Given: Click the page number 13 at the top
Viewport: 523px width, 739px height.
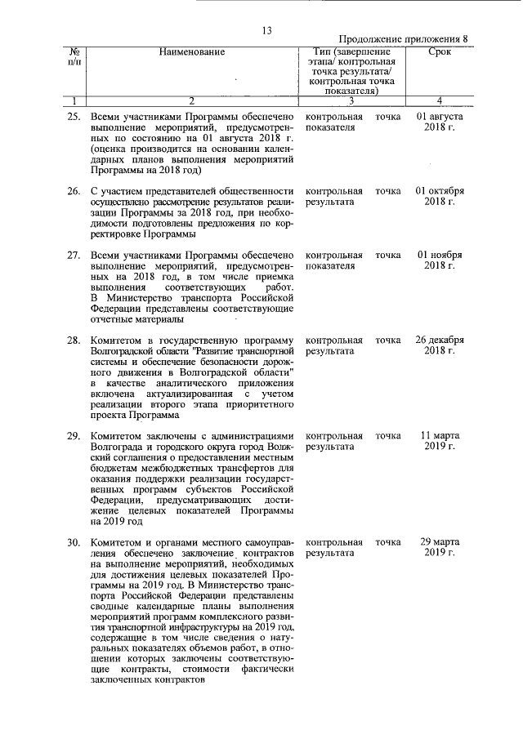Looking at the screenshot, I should (266, 31).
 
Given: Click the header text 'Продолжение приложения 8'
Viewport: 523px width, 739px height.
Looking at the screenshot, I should (403, 39).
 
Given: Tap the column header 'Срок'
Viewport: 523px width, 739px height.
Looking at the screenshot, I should (440, 52).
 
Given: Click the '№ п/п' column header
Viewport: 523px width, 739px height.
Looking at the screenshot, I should (74, 58).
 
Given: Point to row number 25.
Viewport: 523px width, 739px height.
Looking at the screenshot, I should (73, 117).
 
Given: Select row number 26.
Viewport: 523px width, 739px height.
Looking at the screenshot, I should (73, 191).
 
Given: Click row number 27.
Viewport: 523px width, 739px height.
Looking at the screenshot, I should (73, 255).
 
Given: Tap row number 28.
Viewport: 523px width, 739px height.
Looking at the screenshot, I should (73, 340).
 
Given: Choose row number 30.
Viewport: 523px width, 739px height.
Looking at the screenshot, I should (73, 542).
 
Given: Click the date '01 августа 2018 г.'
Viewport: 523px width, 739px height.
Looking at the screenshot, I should (440, 122).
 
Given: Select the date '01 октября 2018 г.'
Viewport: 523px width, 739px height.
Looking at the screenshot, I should (440, 197).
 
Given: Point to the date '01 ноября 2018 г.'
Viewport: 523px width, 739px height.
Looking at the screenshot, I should (440, 260).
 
